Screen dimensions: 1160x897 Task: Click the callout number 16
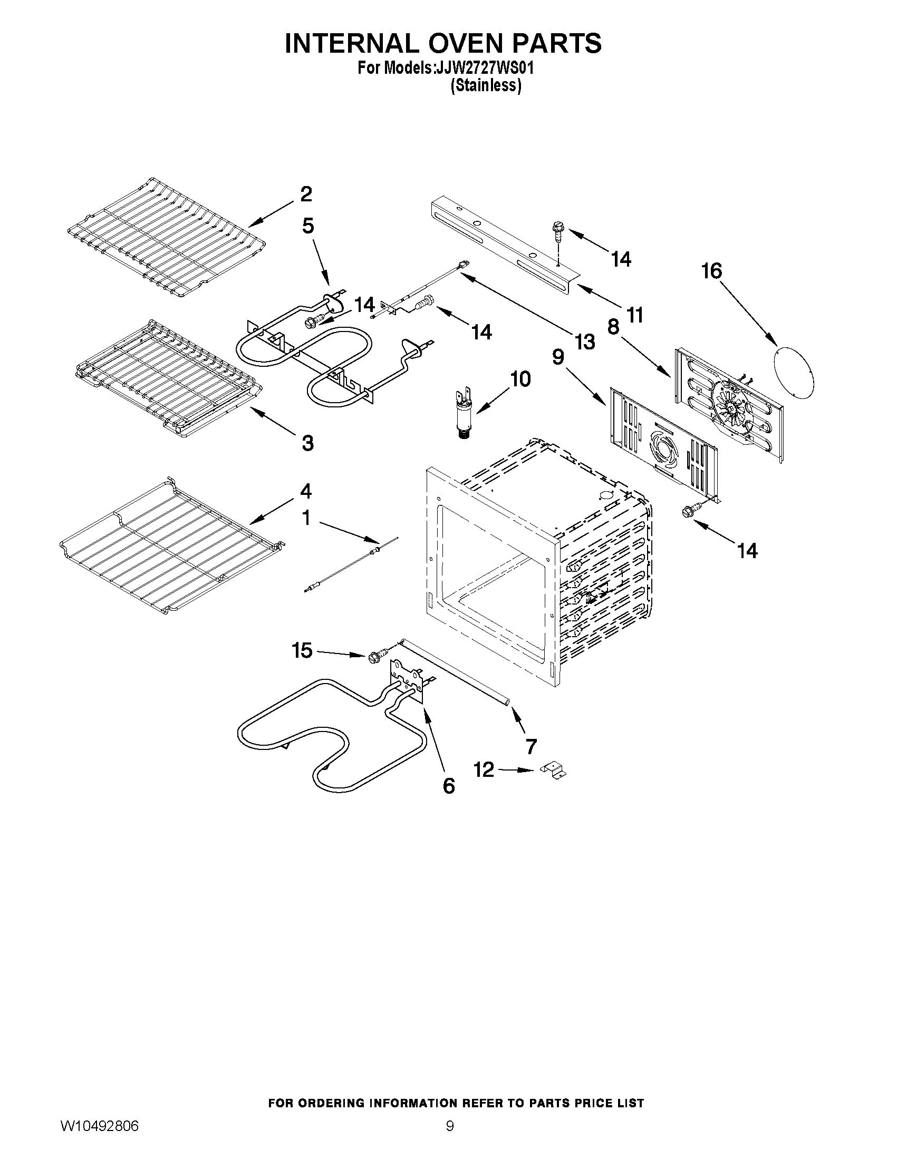tap(711, 271)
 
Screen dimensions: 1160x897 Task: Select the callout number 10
tap(520, 379)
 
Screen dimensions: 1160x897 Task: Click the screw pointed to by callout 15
tap(373, 658)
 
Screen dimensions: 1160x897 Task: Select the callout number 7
tap(531, 746)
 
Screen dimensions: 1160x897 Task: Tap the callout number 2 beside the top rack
tap(306, 194)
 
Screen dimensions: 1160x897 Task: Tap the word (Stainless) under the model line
tap(485, 85)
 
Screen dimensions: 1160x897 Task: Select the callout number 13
tap(584, 342)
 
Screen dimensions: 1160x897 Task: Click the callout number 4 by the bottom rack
tap(306, 491)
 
